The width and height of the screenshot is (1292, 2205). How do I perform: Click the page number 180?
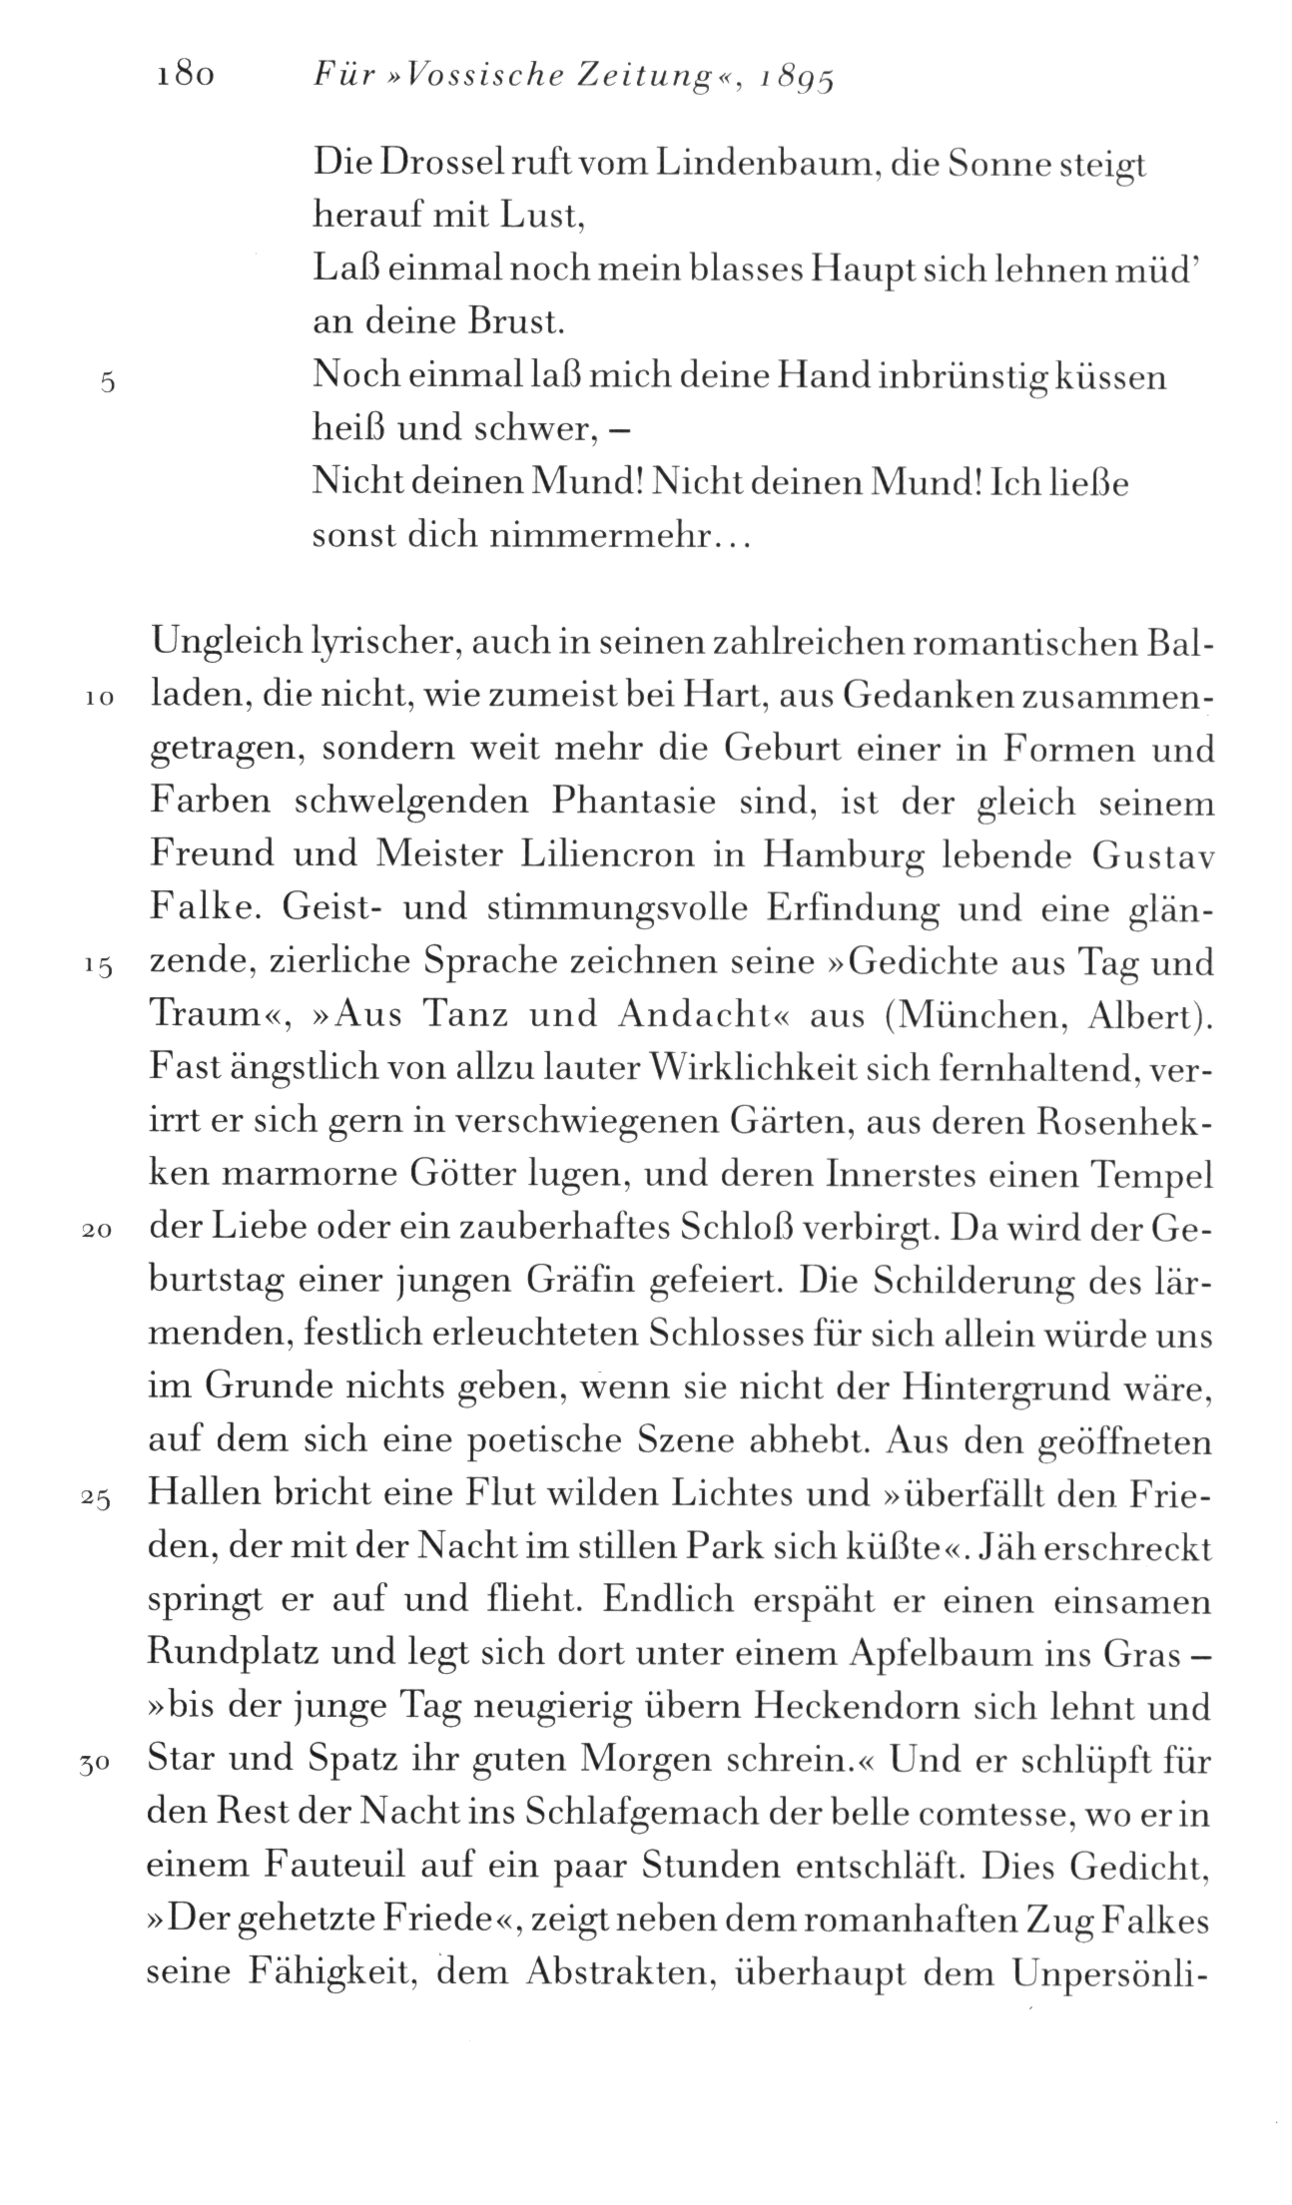coord(186,78)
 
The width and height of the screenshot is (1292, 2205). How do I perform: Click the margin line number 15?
coord(98,966)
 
